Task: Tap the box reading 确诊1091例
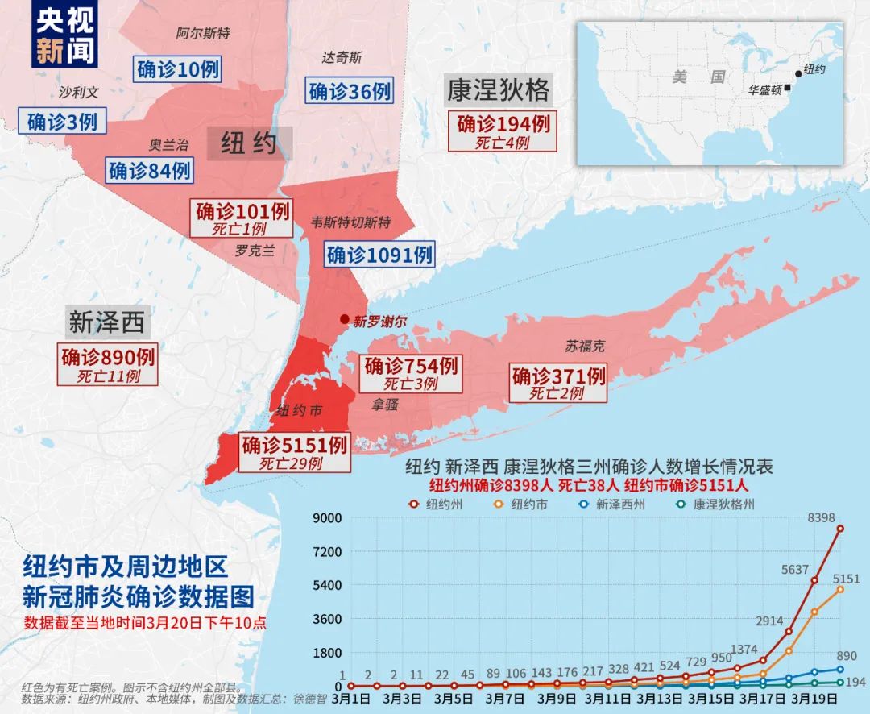coord(379,255)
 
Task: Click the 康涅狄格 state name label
coord(498,91)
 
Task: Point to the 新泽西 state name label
coord(106,322)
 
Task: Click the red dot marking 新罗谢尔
coord(345,319)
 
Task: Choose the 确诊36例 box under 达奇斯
coord(350,91)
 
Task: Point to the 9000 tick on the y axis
coord(328,517)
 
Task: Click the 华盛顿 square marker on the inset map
coord(787,88)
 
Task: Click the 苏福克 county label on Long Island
coord(584,347)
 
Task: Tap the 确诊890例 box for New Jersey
coord(108,363)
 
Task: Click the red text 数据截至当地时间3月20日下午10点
coord(145,623)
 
